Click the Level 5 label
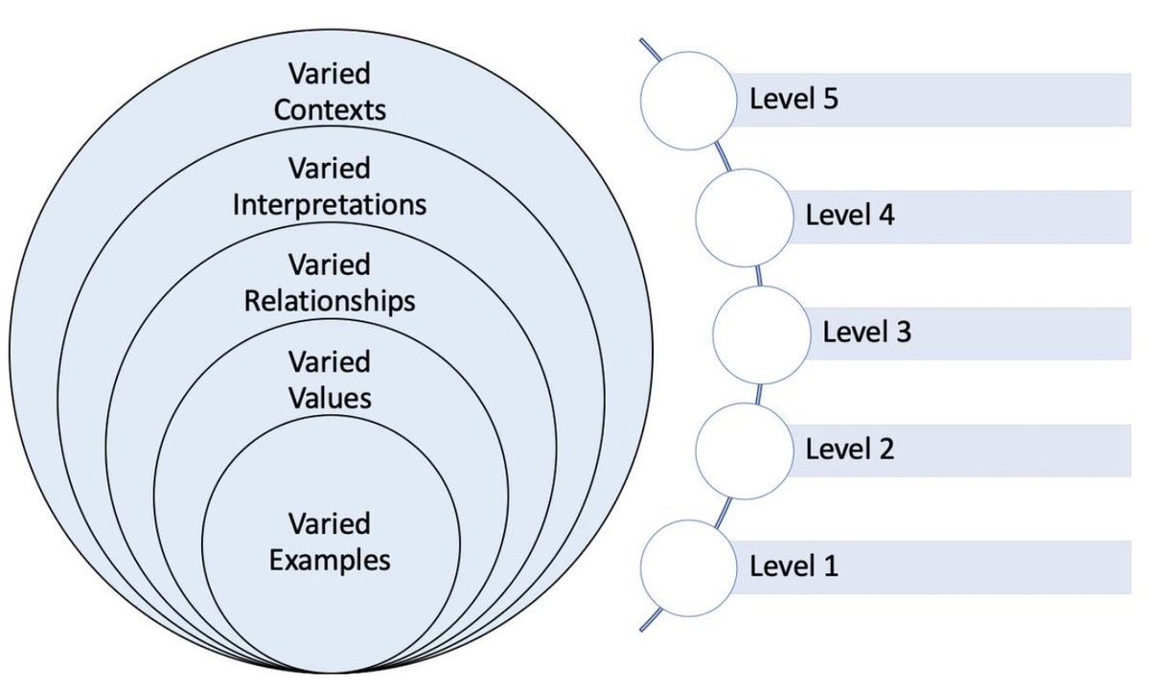[x=793, y=99]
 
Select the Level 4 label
[x=849, y=216]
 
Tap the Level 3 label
[x=866, y=333]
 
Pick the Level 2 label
[x=849, y=449]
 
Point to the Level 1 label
[x=793, y=565]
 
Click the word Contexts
[x=330, y=109]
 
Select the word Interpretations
[x=330, y=205]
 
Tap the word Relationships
[x=330, y=301]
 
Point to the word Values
[x=330, y=397]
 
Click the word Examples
[x=330, y=560]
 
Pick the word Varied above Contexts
[x=330, y=74]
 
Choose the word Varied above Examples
[x=330, y=524]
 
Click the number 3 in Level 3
[x=903, y=333]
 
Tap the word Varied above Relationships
[x=330, y=265]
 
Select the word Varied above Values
[x=330, y=362]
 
